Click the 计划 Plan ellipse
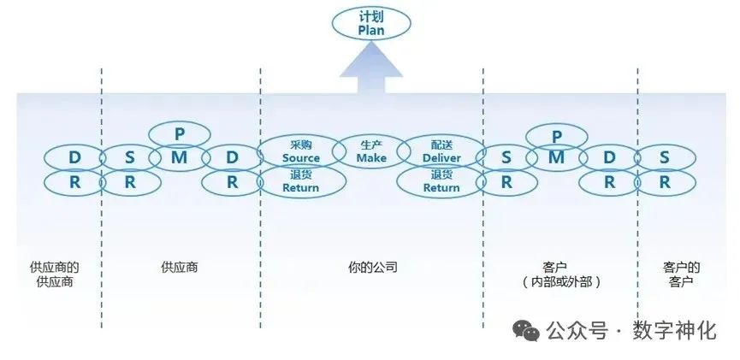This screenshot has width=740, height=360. tap(370, 23)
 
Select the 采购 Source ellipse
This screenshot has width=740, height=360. tap(301, 151)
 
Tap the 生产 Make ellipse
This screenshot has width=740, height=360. tap(371, 151)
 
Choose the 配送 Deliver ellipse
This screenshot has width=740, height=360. tap(441, 151)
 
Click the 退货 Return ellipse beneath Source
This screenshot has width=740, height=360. tap(301, 181)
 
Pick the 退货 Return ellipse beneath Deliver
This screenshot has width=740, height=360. tap(441, 181)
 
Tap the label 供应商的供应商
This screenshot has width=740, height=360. tap(55, 274)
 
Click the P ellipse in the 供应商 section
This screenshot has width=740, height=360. tap(180, 134)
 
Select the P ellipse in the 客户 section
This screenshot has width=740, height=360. tap(557, 135)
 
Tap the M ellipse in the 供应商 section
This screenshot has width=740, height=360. tap(180, 156)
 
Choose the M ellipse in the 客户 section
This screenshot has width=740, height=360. tap(557, 156)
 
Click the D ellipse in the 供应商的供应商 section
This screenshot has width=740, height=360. tap(74, 157)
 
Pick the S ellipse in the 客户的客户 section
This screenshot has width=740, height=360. tap(665, 157)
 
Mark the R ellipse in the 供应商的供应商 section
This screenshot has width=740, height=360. tap(74, 181)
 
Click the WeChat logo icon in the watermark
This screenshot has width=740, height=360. tap(526, 331)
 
